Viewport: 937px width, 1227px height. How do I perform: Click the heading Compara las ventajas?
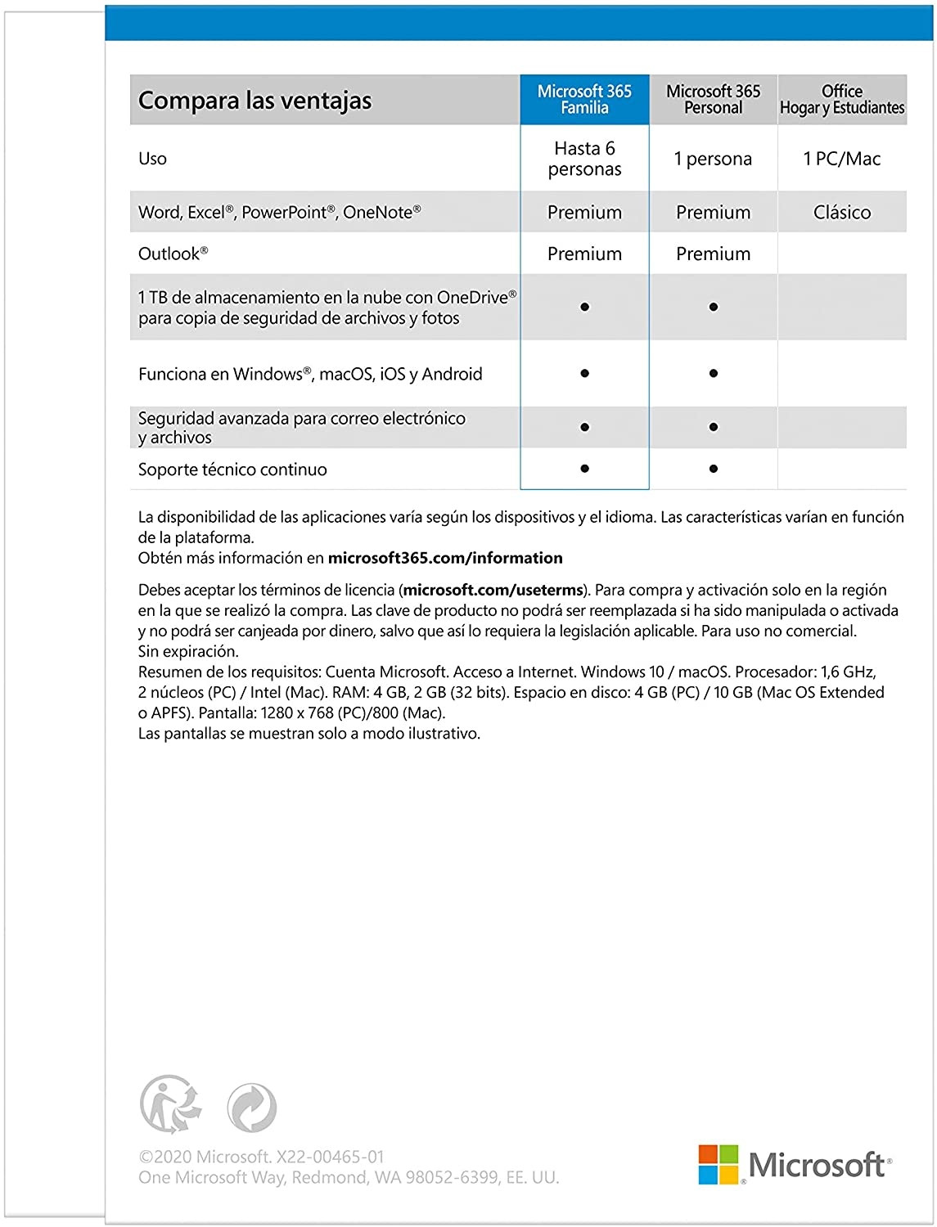[x=255, y=101]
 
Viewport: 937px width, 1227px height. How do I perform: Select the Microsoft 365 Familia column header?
[x=584, y=100]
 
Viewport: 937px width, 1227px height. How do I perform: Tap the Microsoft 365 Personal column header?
[x=713, y=100]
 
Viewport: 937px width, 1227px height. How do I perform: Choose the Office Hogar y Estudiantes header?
[x=842, y=100]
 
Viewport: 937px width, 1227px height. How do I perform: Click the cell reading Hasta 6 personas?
[x=584, y=159]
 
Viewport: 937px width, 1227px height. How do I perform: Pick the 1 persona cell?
[x=713, y=159]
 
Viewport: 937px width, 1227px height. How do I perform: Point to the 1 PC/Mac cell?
[x=842, y=159]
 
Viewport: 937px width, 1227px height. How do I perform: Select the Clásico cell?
[x=842, y=213]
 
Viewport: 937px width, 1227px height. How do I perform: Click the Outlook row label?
[x=173, y=254]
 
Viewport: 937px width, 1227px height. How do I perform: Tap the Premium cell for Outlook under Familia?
[x=584, y=254]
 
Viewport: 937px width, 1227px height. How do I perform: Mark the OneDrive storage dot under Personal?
[x=714, y=307]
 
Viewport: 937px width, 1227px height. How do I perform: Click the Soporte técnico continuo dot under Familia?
[x=584, y=469]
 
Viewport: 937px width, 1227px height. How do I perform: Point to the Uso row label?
[x=152, y=159]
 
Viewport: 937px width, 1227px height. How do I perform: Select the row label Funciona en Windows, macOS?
[x=310, y=374]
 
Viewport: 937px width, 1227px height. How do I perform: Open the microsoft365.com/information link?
[x=445, y=558]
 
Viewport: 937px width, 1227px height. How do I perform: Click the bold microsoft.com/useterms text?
[x=493, y=590]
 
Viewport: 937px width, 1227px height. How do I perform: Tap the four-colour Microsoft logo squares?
[x=719, y=1164]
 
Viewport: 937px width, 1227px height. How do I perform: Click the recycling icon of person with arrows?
[x=170, y=1105]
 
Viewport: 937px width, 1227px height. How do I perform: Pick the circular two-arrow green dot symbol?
[x=251, y=1108]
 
